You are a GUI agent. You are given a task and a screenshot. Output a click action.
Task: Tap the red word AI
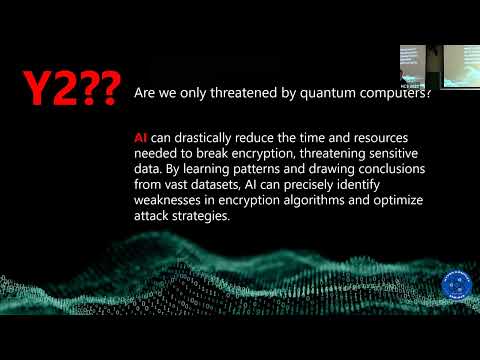[x=141, y=135]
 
